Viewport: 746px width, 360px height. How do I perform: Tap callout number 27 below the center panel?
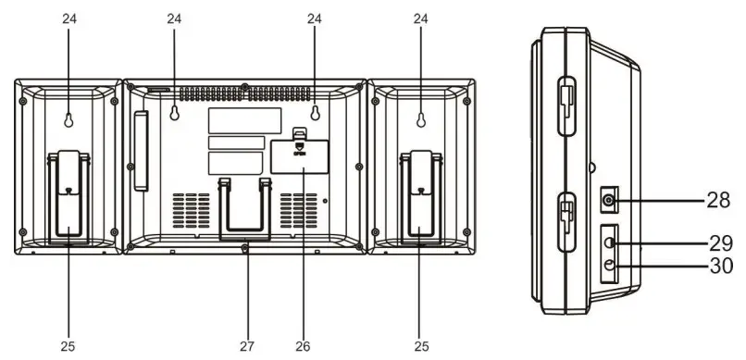[x=246, y=346]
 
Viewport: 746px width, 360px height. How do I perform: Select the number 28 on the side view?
[x=717, y=199]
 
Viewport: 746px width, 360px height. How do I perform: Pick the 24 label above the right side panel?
[x=421, y=18]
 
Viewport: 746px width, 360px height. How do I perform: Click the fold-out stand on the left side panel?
[x=68, y=199]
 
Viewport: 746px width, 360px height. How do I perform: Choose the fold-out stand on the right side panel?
[x=422, y=199]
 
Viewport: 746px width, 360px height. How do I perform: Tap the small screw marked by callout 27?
[x=245, y=247]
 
